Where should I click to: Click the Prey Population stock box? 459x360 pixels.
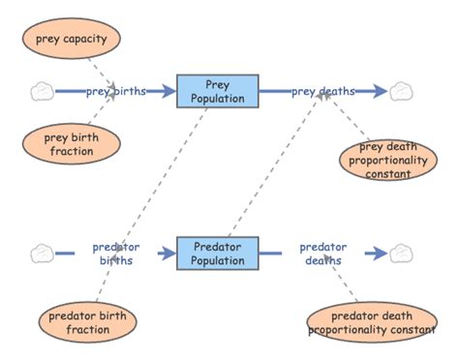218,91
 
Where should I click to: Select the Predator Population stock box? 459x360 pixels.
218,254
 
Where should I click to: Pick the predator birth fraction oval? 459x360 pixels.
88,322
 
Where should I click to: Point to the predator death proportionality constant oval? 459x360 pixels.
370,323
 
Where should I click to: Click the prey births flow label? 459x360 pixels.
115,92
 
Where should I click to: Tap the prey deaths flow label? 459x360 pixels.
322,92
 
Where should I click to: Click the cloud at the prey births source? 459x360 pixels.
41,92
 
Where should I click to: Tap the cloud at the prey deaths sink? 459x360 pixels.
400,92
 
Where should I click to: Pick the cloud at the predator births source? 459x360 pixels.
41,254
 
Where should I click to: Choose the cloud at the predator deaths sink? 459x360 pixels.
400,254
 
